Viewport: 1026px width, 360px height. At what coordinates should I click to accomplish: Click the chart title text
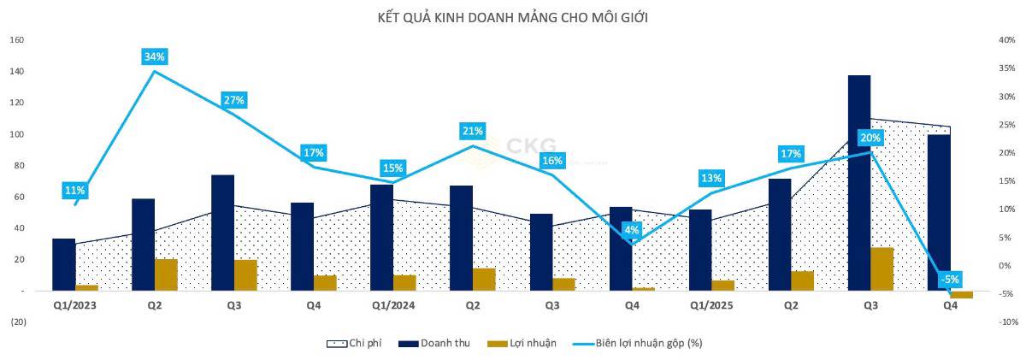tap(512, 18)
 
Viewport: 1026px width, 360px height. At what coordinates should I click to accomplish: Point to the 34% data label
tap(155, 56)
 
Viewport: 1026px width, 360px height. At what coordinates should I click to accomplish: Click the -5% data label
tap(950, 278)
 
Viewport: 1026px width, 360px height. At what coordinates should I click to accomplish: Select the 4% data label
tap(632, 229)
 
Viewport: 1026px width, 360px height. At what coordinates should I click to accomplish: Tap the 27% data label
tap(234, 100)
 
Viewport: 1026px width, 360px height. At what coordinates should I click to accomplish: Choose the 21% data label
tap(473, 131)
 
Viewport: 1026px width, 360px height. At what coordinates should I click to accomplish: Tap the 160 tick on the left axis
tap(17, 40)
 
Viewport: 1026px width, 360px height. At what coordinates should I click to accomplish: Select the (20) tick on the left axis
tap(17, 322)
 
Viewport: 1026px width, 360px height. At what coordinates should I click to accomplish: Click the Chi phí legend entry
tap(354, 343)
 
